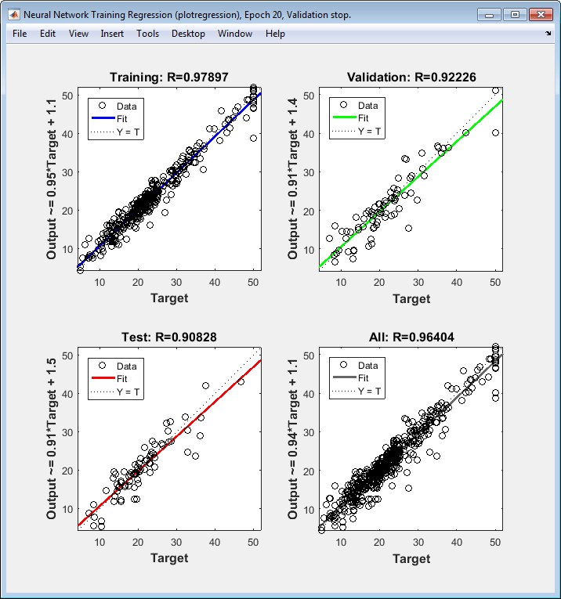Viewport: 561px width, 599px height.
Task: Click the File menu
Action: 20,34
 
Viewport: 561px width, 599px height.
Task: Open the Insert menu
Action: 112,34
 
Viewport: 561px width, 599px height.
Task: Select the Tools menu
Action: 147,34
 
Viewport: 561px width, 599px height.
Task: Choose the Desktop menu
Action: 188,34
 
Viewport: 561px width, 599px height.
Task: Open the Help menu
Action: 275,34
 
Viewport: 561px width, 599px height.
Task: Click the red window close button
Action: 541,14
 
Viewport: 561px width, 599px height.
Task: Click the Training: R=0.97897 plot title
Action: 168,77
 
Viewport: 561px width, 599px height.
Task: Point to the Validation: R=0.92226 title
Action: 411,77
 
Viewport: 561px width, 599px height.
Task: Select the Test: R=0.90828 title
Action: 168,337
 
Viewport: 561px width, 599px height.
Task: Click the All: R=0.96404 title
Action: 411,337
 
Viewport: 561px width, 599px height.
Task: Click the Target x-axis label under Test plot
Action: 169,558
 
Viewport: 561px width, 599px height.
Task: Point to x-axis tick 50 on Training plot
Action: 253,281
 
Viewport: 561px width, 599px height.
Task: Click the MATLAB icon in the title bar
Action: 13,14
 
